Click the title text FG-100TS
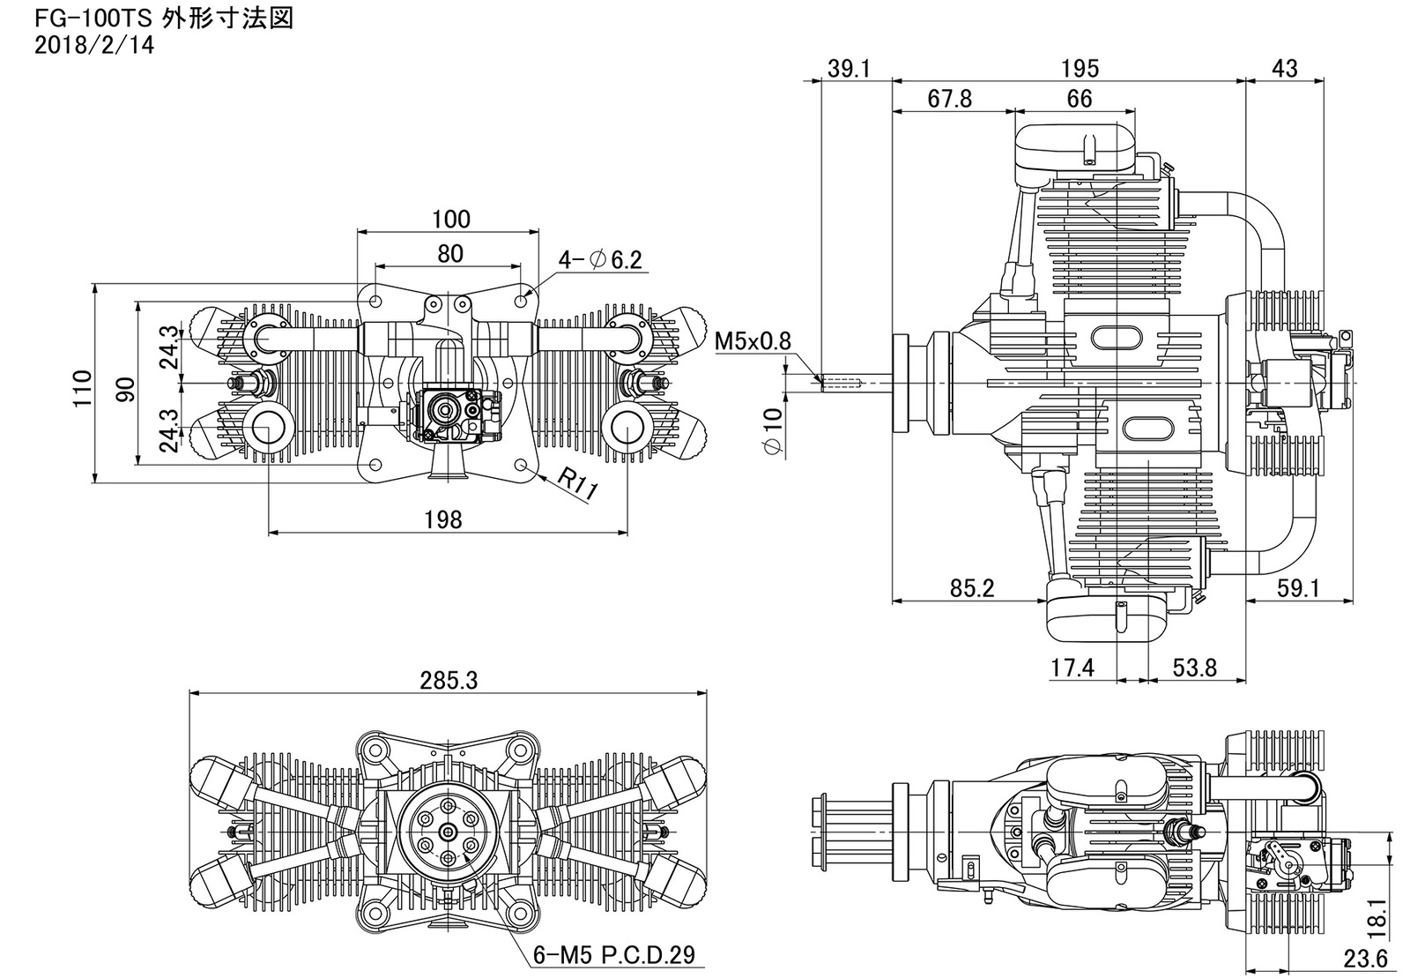pos(93,19)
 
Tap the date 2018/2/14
pos(93,45)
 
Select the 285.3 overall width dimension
pos(449,680)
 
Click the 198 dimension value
pos(443,519)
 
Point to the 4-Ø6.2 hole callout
pos(600,258)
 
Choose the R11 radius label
pos(576,485)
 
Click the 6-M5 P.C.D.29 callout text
pos(613,955)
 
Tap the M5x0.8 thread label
pos(753,341)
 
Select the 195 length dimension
pos(1080,68)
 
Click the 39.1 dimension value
pos(849,68)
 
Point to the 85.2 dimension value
pos(972,588)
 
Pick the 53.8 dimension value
pos(1195,668)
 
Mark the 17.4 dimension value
pos(1072,668)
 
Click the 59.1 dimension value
pos(1298,588)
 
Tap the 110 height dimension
pos(83,388)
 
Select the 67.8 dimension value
pos(950,98)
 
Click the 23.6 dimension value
pos(1365,959)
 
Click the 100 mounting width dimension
pos(450,220)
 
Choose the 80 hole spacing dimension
pos(450,254)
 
